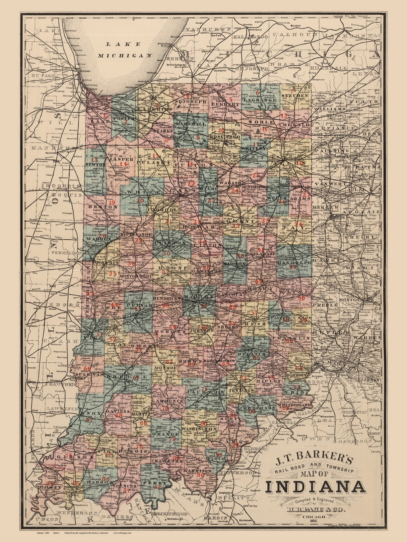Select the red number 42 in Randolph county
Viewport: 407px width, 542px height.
[x=293, y=267]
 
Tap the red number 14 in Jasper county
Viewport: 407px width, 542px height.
[x=123, y=164]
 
